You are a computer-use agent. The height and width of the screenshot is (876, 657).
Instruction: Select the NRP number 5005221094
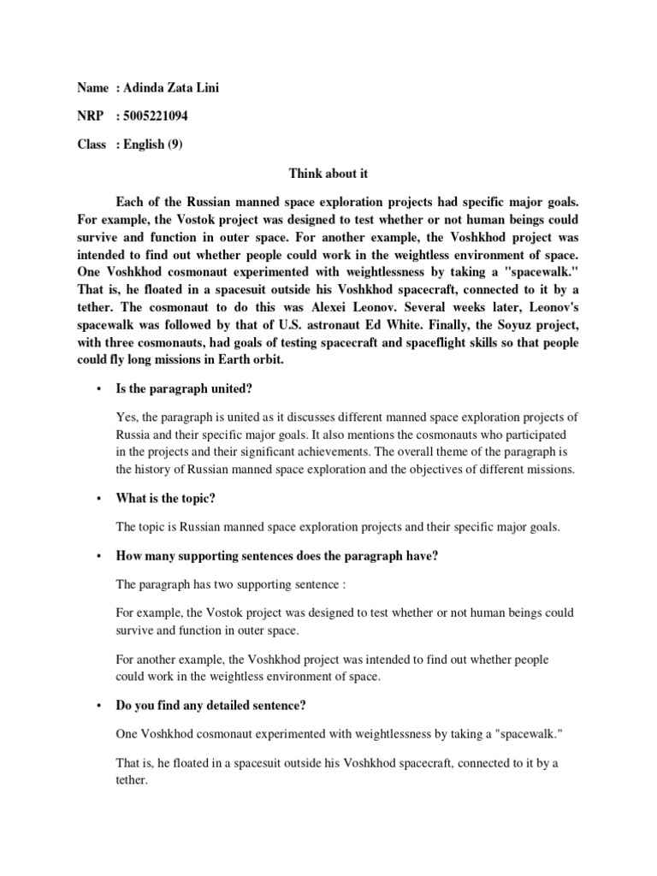pos(157,116)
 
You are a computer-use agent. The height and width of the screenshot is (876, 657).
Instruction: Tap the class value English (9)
pos(152,145)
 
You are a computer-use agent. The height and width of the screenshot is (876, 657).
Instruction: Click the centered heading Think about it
pos(328,174)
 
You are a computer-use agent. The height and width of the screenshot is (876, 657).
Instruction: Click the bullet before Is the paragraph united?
pos(99,389)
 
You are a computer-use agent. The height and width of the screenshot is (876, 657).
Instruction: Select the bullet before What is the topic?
pos(99,499)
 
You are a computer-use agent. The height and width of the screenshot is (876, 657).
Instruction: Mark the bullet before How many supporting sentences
pos(99,556)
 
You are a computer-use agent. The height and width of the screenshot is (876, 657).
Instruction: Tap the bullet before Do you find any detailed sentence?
pos(99,707)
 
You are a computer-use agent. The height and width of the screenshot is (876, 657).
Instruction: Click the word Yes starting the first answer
pos(125,417)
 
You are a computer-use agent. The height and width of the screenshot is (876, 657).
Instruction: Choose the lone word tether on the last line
pos(131,781)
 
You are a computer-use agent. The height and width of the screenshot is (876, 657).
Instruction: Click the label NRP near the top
pos(91,116)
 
